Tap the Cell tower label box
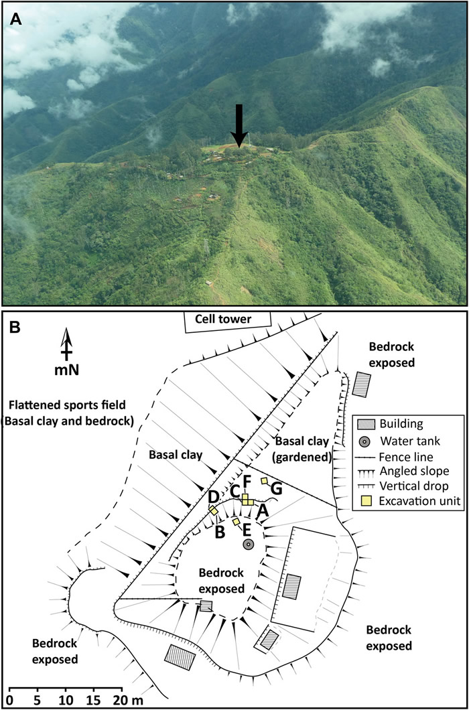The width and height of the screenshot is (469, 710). (x=228, y=320)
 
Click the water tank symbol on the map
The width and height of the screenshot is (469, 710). (x=248, y=545)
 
